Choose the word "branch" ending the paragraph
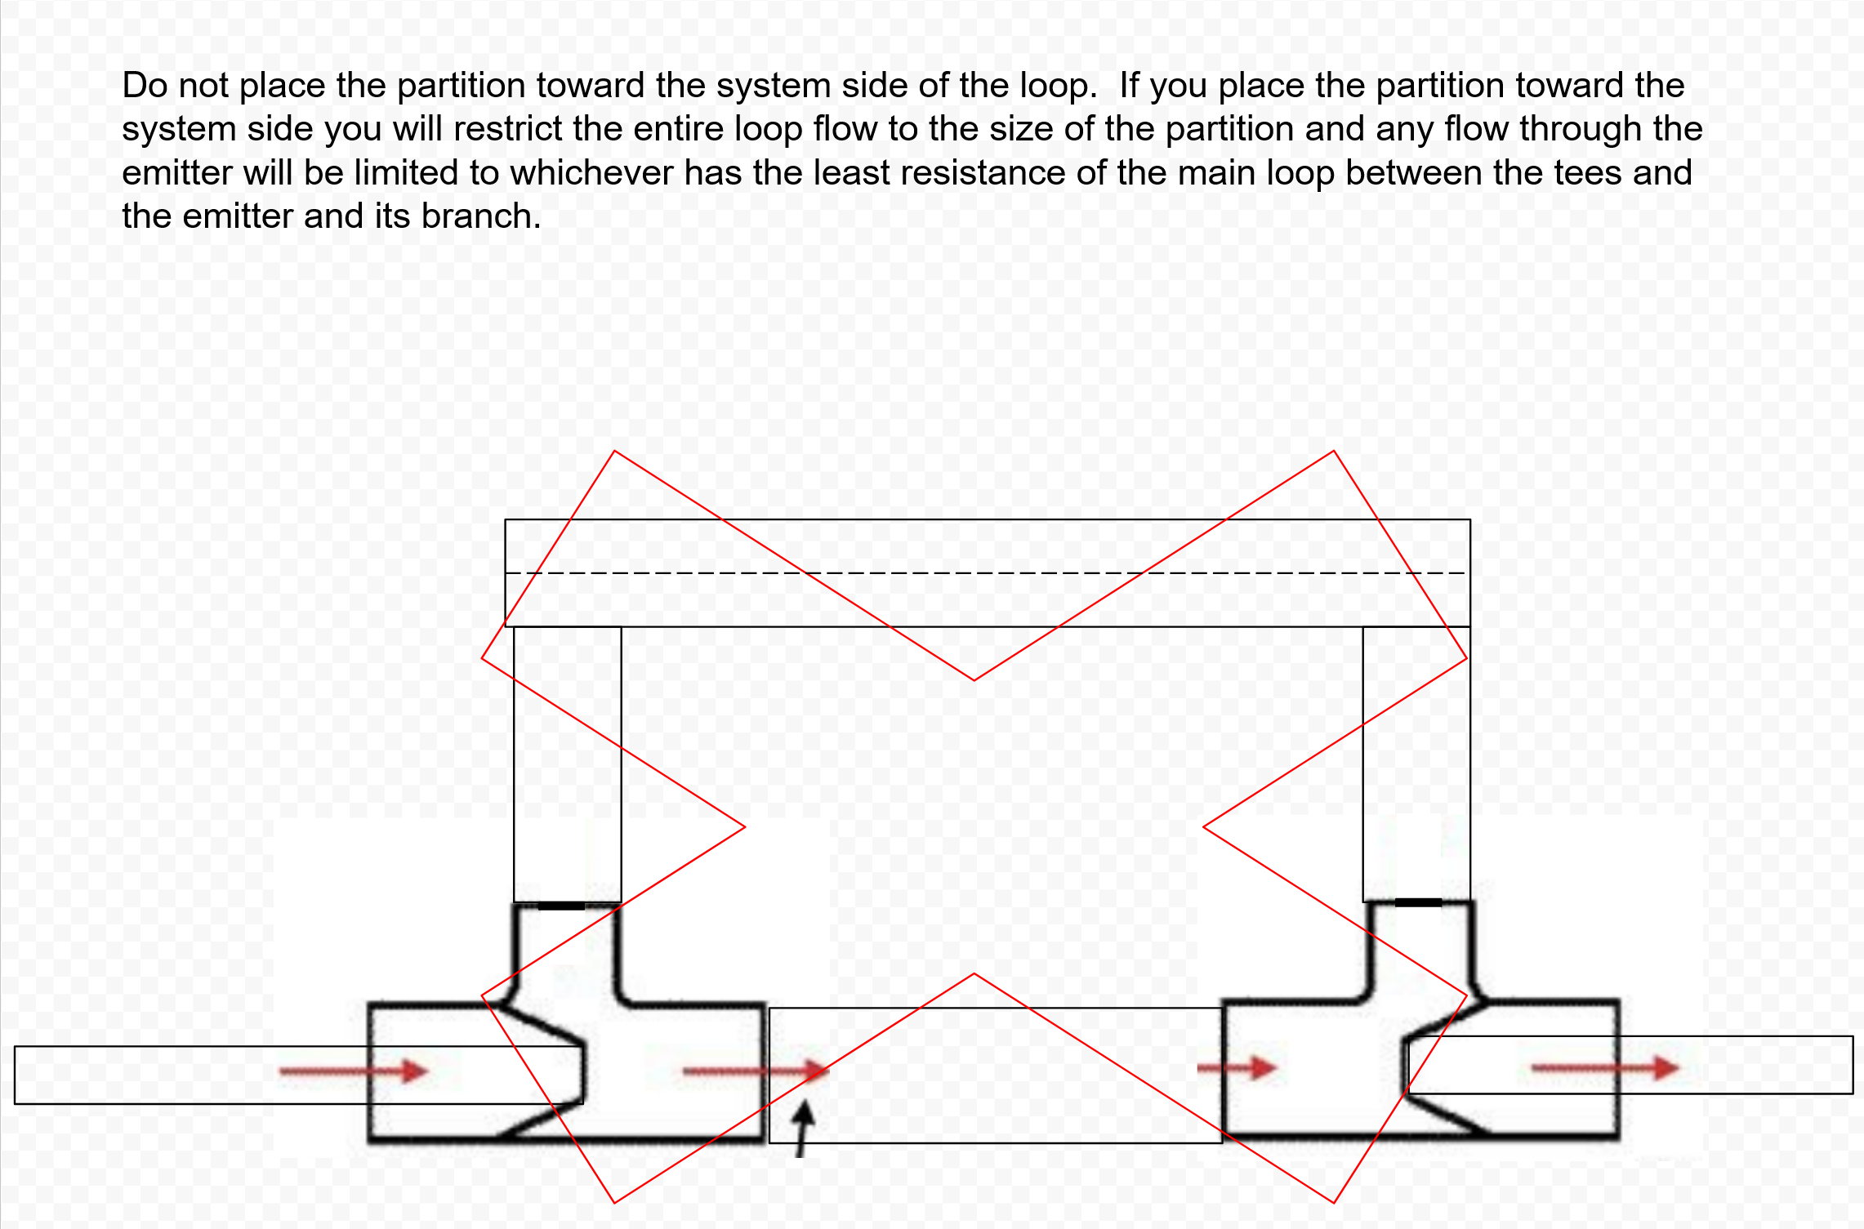tap(481, 216)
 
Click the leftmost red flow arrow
tap(354, 1071)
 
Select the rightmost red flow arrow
tap(1605, 1067)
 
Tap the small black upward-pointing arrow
tap(804, 1129)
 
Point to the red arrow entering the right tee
tap(1237, 1067)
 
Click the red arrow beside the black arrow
tap(756, 1071)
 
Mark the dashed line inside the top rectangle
tap(988, 572)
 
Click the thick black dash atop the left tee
tap(561, 906)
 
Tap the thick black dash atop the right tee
tap(1419, 902)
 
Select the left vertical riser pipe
tap(568, 764)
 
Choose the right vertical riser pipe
tap(1416, 764)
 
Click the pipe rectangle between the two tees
tap(996, 1075)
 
